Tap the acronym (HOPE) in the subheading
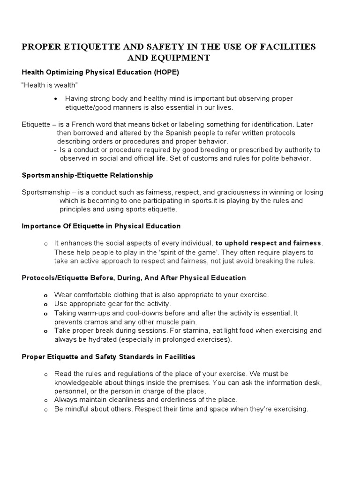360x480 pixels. [x=162, y=73]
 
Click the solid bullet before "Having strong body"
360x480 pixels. [x=56, y=98]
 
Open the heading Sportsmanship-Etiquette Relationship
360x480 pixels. [x=87, y=175]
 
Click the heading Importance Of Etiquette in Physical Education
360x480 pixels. [x=101, y=226]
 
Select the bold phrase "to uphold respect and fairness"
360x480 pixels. [x=269, y=243]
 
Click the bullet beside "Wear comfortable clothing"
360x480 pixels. [x=45, y=295]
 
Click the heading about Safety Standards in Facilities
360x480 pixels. [x=108, y=357]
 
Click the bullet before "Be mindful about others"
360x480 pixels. [x=45, y=409]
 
